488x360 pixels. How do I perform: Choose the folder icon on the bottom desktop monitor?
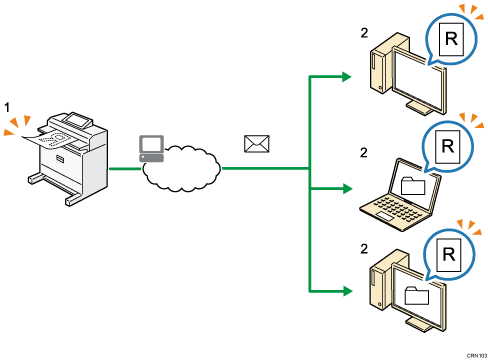coord(412,292)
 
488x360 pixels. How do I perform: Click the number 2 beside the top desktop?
coord(364,32)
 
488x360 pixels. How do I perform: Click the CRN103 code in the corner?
coord(471,353)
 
